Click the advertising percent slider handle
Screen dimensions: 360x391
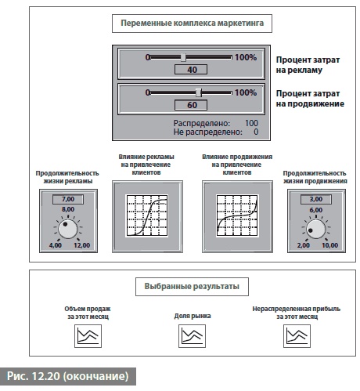click(183, 57)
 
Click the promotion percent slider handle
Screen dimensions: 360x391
click(199, 92)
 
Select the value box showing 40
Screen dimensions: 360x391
click(191, 70)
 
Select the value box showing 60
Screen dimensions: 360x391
click(191, 105)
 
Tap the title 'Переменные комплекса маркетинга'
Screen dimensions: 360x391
click(192, 24)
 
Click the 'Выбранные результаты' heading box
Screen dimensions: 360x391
click(192, 286)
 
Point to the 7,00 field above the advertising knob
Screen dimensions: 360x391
click(68, 199)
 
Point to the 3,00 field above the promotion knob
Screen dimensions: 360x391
click(316, 199)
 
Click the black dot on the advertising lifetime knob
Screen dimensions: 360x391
click(65, 224)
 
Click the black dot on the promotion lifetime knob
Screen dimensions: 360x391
click(311, 230)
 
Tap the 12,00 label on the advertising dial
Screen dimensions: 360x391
click(81, 245)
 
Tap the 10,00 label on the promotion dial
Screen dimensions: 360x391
click(330, 245)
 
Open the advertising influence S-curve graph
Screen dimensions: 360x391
click(146, 215)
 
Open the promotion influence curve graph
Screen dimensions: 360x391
click(237, 215)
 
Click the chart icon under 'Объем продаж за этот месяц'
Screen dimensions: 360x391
click(88, 336)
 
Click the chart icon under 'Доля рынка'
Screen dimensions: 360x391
click(192, 336)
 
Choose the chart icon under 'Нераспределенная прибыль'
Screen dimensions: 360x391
click(297, 336)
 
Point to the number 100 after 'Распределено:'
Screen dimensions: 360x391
click(251, 123)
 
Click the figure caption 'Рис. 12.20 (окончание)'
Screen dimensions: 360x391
click(68, 376)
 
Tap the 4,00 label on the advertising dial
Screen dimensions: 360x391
click(56, 245)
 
